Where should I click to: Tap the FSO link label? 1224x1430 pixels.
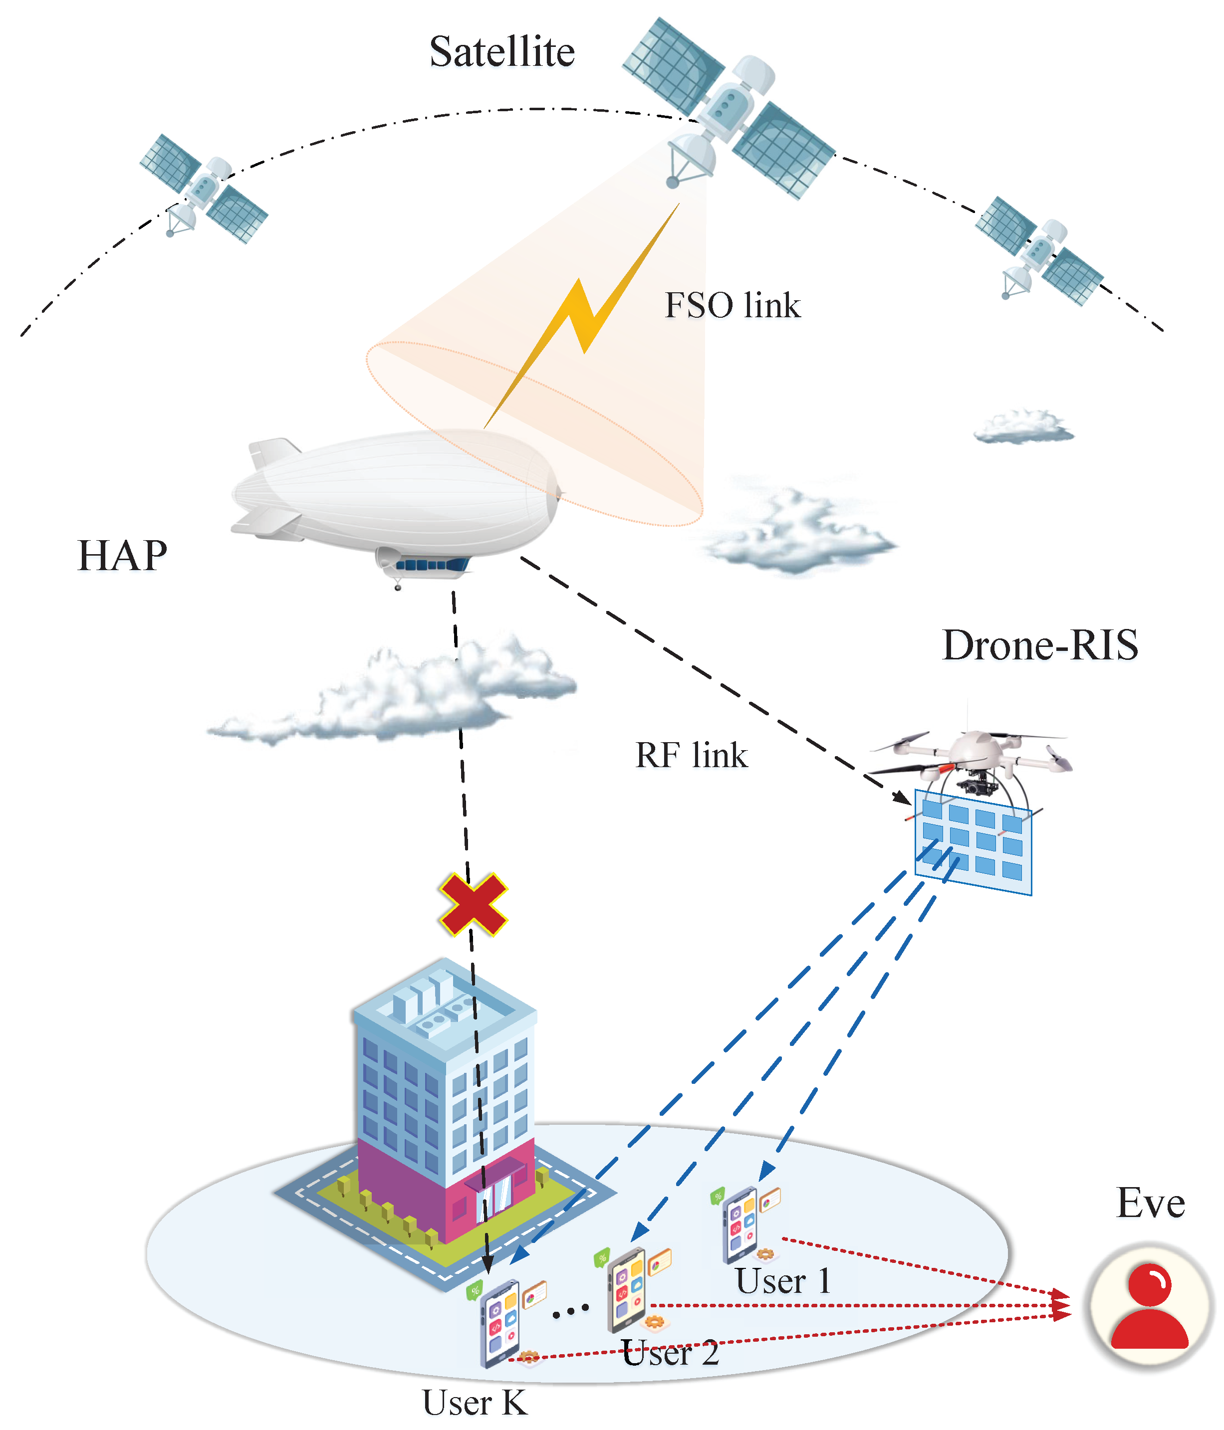coord(732,305)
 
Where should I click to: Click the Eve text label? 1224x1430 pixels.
coord(1150,1203)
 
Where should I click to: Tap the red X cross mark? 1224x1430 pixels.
coord(473,904)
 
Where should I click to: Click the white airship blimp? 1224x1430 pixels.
coord(397,493)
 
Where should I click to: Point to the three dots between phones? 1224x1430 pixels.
coord(570,1309)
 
